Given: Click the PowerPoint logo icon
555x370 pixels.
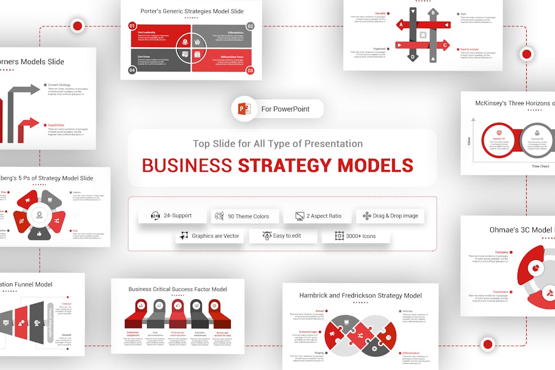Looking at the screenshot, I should click(244, 109).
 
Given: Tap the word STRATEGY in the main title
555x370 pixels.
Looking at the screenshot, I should click(284, 165).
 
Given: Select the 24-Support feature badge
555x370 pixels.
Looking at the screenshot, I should click(171, 216).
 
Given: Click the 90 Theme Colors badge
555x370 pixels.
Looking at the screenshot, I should click(245, 216).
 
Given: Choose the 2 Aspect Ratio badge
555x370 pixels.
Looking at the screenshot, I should click(318, 216).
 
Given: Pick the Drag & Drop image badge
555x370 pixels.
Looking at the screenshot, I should click(390, 216).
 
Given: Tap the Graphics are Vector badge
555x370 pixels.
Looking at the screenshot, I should click(209, 236).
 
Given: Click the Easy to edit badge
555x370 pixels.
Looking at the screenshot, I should click(282, 236).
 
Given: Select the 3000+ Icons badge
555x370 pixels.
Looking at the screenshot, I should click(355, 236).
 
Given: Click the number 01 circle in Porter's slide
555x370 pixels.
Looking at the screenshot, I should click(132, 26).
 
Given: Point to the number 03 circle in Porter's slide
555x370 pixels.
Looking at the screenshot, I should click(250, 70).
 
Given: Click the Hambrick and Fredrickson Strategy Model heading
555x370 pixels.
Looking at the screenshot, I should click(360, 295).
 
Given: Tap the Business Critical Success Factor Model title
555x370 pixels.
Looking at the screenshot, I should click(178, 289).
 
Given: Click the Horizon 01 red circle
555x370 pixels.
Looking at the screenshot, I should click(498, 140).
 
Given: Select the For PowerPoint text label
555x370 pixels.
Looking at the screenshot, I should click(285, 109).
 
